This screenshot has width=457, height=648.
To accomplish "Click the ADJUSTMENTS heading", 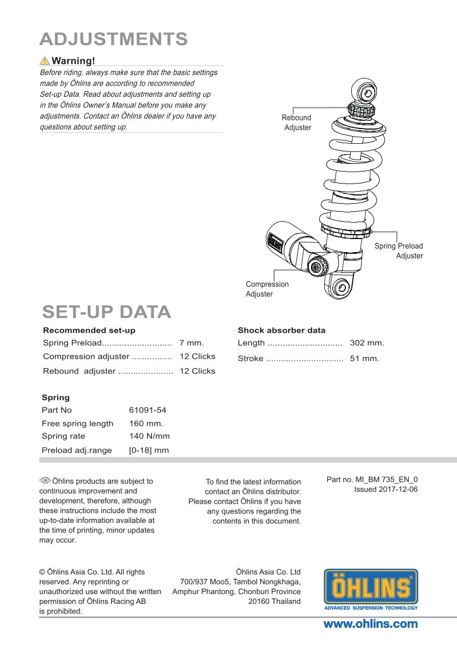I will pos(114,39).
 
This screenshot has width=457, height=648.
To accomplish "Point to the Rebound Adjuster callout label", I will pos(297,123).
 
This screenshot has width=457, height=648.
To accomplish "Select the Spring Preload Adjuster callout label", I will pos(399,251).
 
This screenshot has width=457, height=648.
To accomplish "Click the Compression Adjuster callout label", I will pos(267,289).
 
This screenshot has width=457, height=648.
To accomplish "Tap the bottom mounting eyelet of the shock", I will pos(341,288).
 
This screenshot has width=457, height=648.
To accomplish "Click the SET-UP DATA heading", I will pos(107,312).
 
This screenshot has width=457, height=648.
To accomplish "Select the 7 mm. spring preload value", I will pos(191,343).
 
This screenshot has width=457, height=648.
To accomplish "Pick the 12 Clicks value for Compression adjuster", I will pos(197,357).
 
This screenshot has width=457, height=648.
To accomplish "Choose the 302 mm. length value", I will pos(367,343).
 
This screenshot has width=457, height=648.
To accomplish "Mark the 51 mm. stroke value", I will pos(364,359).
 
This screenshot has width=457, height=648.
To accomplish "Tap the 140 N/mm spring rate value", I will pos(149,436).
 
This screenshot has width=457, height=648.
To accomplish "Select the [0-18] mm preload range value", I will pos(149,450).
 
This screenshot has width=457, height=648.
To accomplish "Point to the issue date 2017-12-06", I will pos(386,490).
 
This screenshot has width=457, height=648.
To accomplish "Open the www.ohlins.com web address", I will pos(370,624).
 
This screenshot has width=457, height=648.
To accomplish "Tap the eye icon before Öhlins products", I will pos(45,480).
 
